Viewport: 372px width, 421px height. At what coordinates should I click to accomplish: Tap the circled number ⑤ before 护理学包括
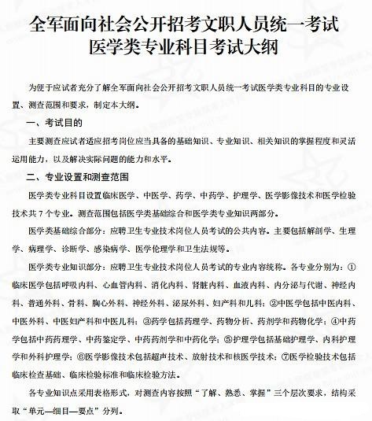coord(208,337)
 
